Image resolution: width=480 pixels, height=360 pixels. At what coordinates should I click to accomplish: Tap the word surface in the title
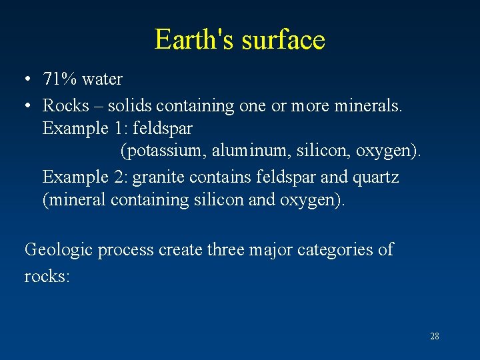coord(283,40)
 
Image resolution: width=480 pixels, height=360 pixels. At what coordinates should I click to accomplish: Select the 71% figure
coord(60,79)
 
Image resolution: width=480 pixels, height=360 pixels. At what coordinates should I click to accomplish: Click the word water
coord(102,79)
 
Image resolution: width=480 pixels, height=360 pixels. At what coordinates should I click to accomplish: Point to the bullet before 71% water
coord(27,80)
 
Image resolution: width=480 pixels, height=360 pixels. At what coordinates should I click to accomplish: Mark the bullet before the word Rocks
coord(27,106)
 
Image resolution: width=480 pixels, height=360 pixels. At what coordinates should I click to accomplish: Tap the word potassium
coord(163,151)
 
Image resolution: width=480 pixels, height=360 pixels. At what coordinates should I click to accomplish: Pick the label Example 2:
coord(85,177)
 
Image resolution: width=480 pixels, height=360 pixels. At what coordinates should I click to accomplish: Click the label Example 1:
coord(85,127)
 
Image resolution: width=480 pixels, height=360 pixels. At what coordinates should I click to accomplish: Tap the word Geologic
coord(59,250)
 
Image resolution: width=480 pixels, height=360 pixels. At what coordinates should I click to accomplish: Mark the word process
coord(125,250)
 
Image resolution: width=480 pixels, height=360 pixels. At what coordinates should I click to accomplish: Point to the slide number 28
coord(435,336)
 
